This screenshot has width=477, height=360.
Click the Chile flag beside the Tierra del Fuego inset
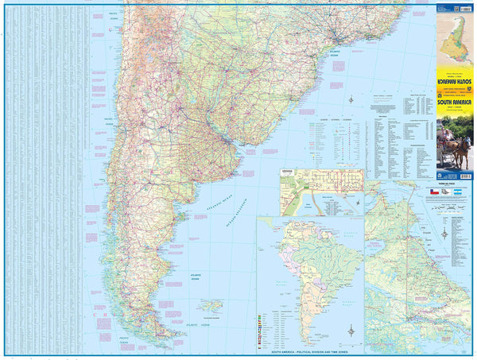click(x=433, y=192)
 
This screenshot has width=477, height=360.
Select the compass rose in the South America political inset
click(x=351, y=329)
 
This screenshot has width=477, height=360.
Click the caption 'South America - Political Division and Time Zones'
click(x=310, y=350)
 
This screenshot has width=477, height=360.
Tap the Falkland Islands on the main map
click(x=211, y=305)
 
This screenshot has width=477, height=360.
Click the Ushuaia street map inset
click(x=321, y=192)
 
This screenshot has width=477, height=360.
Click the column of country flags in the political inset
click(x=262, y=327)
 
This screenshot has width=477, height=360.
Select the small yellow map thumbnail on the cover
click(x=454, y=40)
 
